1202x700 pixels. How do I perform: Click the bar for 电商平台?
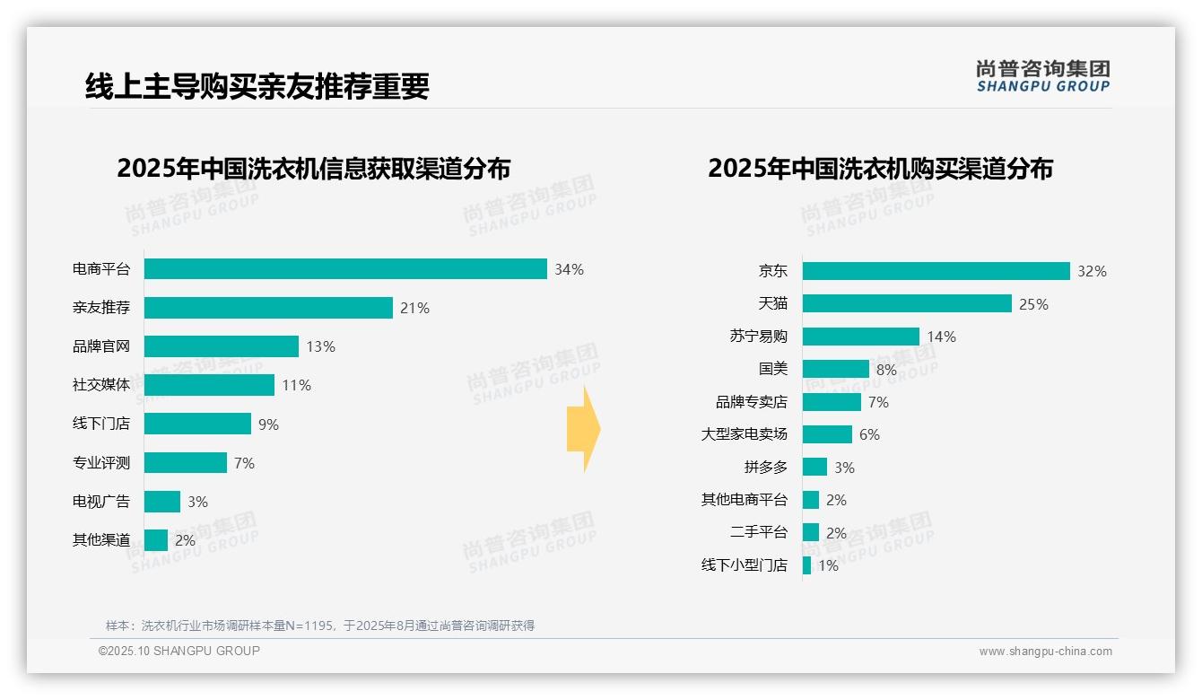coord(345,269)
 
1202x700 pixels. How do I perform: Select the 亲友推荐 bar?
coord(268,308)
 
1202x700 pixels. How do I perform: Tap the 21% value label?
coord(414,308)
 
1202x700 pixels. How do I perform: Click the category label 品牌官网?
coord(101,346)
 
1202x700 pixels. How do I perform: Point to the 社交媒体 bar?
coord(209,385)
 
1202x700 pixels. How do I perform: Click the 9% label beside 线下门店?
coord(268,424)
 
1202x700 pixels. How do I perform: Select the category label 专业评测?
coord(101,463)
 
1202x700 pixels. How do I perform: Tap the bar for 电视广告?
coord(162,502)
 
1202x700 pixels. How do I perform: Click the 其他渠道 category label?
coord(101,540)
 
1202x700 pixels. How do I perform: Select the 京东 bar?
coord(936,271)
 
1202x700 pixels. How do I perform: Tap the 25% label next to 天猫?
coord(1033,304)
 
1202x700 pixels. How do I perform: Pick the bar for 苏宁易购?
coord(860,337)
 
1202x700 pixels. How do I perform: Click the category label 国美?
coord(772,369)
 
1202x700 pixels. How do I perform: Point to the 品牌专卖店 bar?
coord(832,402)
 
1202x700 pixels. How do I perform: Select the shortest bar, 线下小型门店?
coord(806,565)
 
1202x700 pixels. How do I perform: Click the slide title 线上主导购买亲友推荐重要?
coord(257,86)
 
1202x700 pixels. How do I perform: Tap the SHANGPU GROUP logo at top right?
coord(1042,76)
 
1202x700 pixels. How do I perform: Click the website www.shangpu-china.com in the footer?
coord(1045,652)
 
